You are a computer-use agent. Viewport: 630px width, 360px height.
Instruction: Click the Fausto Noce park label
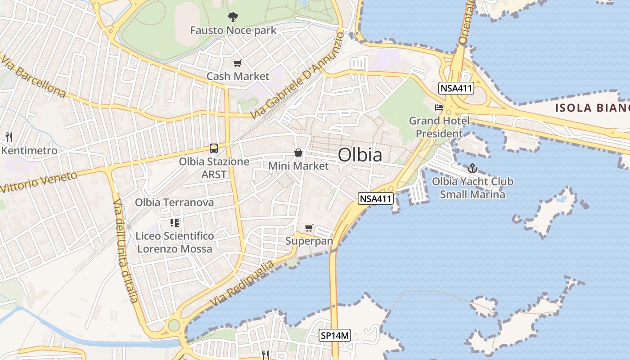click(233, 31)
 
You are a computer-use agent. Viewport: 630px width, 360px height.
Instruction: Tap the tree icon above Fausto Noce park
click(233, 18)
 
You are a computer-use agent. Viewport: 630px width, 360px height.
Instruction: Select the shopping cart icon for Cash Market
click(237, 63)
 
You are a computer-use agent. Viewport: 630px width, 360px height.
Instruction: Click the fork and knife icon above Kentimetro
click(9, 137)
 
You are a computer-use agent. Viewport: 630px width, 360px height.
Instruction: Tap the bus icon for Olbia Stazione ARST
click(214, 148)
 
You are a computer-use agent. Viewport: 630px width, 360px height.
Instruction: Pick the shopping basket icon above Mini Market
click(298, 153)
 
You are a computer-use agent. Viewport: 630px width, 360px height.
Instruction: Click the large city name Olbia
click(360, 155)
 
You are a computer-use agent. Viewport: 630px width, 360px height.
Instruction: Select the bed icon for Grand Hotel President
click(439, 108)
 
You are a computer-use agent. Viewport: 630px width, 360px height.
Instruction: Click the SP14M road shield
click(335, 335)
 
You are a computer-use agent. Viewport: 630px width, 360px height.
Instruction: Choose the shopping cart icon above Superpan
click(309, 228)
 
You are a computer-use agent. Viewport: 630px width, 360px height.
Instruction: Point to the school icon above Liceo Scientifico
click(175, 222)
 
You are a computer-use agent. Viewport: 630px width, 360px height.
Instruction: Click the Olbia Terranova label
click(174, 202)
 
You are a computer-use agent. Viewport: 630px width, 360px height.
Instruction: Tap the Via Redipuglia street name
click(242, 283)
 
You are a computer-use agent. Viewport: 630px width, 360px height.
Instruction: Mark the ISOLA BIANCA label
click(592, 108)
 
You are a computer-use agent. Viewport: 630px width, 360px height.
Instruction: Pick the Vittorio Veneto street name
click(39, 182)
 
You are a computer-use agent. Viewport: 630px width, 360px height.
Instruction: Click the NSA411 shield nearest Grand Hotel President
click(457, 88)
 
